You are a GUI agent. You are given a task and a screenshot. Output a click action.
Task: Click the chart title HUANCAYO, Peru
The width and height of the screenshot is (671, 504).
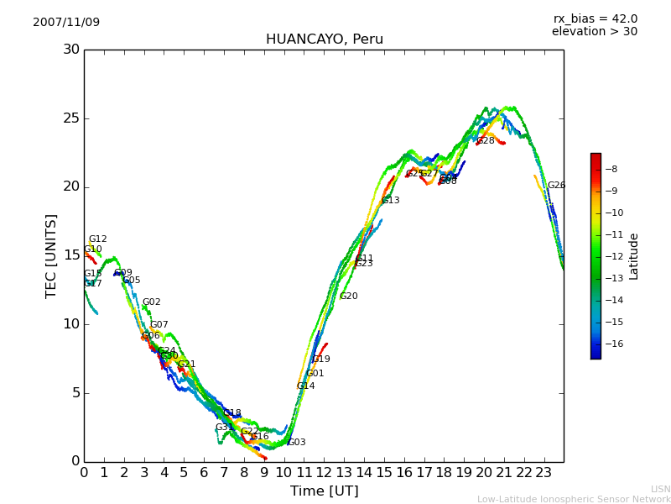click(324, 39)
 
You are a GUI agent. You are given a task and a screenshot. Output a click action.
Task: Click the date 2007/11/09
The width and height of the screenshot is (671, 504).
click(66, 23)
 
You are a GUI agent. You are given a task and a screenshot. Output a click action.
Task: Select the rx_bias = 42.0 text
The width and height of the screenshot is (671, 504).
click(595, 19)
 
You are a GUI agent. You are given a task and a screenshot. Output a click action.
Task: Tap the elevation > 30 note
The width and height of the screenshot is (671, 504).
click(594, 32)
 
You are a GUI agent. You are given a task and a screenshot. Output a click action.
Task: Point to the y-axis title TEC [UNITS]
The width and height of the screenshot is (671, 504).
click(51, 255)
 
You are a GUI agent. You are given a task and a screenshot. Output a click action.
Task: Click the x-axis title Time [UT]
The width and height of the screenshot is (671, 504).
click(324, 491)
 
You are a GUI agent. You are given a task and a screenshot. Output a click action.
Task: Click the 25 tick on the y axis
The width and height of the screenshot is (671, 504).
click(71, 118)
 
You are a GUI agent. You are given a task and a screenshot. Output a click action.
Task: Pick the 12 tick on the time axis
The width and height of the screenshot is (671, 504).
click(324, 473)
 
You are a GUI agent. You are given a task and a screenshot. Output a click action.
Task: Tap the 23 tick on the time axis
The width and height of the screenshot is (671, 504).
click(544, 473)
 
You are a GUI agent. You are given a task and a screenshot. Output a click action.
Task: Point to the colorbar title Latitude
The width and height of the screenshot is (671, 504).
click(634, 256)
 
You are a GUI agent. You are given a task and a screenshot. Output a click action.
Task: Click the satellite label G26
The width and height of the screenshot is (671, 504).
click(556, 186)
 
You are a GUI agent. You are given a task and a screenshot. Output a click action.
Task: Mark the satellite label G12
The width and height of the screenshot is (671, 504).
click(98, 239)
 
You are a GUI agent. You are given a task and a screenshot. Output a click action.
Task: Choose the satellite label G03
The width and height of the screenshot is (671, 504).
click(297, 443)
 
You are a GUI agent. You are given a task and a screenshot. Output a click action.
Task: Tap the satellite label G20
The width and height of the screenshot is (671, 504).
click(349, 297)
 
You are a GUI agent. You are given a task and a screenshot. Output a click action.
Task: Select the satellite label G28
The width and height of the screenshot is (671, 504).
click(486, 141)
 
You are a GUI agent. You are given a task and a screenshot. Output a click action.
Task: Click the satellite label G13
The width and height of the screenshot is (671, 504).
click(391, 201)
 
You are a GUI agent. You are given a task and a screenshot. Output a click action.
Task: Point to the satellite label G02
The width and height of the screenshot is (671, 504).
click(152, 302)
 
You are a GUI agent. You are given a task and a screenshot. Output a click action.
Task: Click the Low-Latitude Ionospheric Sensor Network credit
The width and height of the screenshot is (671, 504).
click(574, 500)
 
